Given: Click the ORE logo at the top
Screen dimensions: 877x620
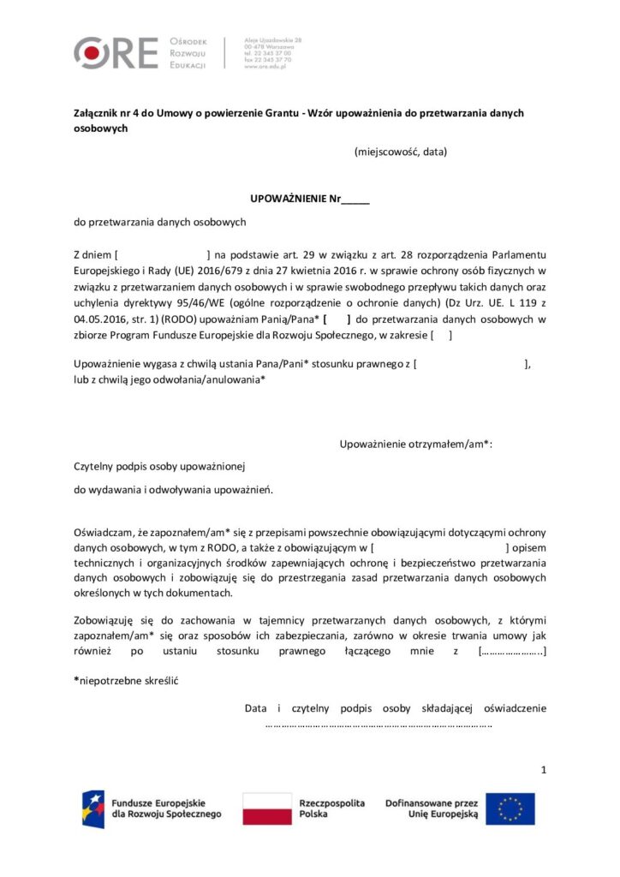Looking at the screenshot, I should click(116, 53).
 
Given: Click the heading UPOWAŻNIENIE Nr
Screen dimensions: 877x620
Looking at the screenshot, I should click(309, 199).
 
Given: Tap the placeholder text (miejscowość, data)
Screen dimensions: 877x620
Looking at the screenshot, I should click(400, 152).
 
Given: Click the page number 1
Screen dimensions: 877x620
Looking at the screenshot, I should click(544, 770).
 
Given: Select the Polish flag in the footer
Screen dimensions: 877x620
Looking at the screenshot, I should click(266, 808).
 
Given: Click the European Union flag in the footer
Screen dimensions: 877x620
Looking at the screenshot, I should click(510, 808).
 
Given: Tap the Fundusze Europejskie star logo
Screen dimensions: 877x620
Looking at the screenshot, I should click(93, 808).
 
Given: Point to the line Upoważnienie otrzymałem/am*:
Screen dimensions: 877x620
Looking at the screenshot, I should click(417, 444).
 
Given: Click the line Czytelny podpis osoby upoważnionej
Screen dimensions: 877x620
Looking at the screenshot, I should click(160, 466).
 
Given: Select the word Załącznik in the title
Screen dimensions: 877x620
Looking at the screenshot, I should click(98, 113).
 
